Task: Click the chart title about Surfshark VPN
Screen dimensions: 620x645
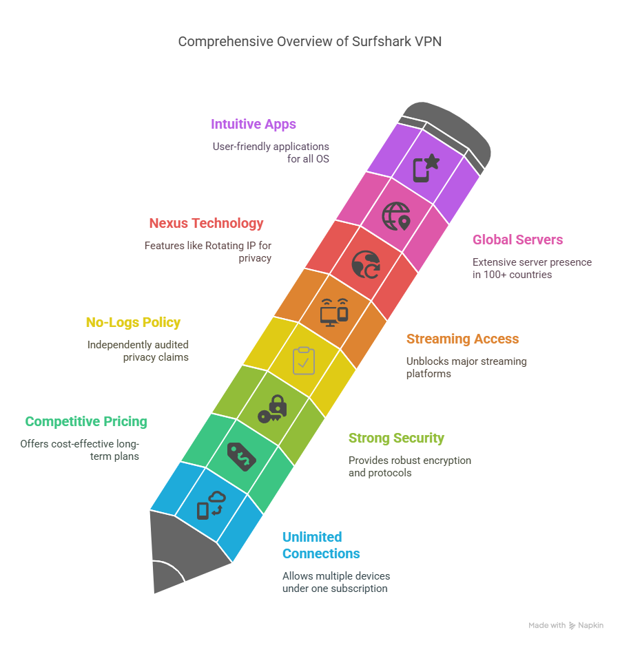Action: pos(309,41)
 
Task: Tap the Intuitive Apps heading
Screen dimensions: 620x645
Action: pos(254,124)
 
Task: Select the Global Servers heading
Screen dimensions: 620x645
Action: pos(517,240)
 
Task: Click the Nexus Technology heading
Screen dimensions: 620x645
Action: pos(206,223)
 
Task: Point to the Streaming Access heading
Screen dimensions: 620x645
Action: pos(462,339)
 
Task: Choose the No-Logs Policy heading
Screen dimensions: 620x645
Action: pos(134,322)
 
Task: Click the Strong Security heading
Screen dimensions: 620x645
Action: pos(396,438)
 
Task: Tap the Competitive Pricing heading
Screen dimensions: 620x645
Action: pos(86,422)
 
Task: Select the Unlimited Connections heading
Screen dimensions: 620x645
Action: pos(321,545)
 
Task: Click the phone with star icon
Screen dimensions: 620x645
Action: pos(426,168)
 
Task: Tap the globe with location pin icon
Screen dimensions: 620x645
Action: pos(396,216)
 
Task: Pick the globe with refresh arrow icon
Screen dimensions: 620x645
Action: pos(366,264)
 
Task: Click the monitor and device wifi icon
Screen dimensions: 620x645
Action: pos(335,313)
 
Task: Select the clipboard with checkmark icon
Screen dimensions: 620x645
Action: pos(304,361)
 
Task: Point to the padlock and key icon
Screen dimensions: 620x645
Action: pos(273,409)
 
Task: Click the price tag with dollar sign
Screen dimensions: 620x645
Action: pos(242,457)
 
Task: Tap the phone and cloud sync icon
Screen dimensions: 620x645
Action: pos(211,505)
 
